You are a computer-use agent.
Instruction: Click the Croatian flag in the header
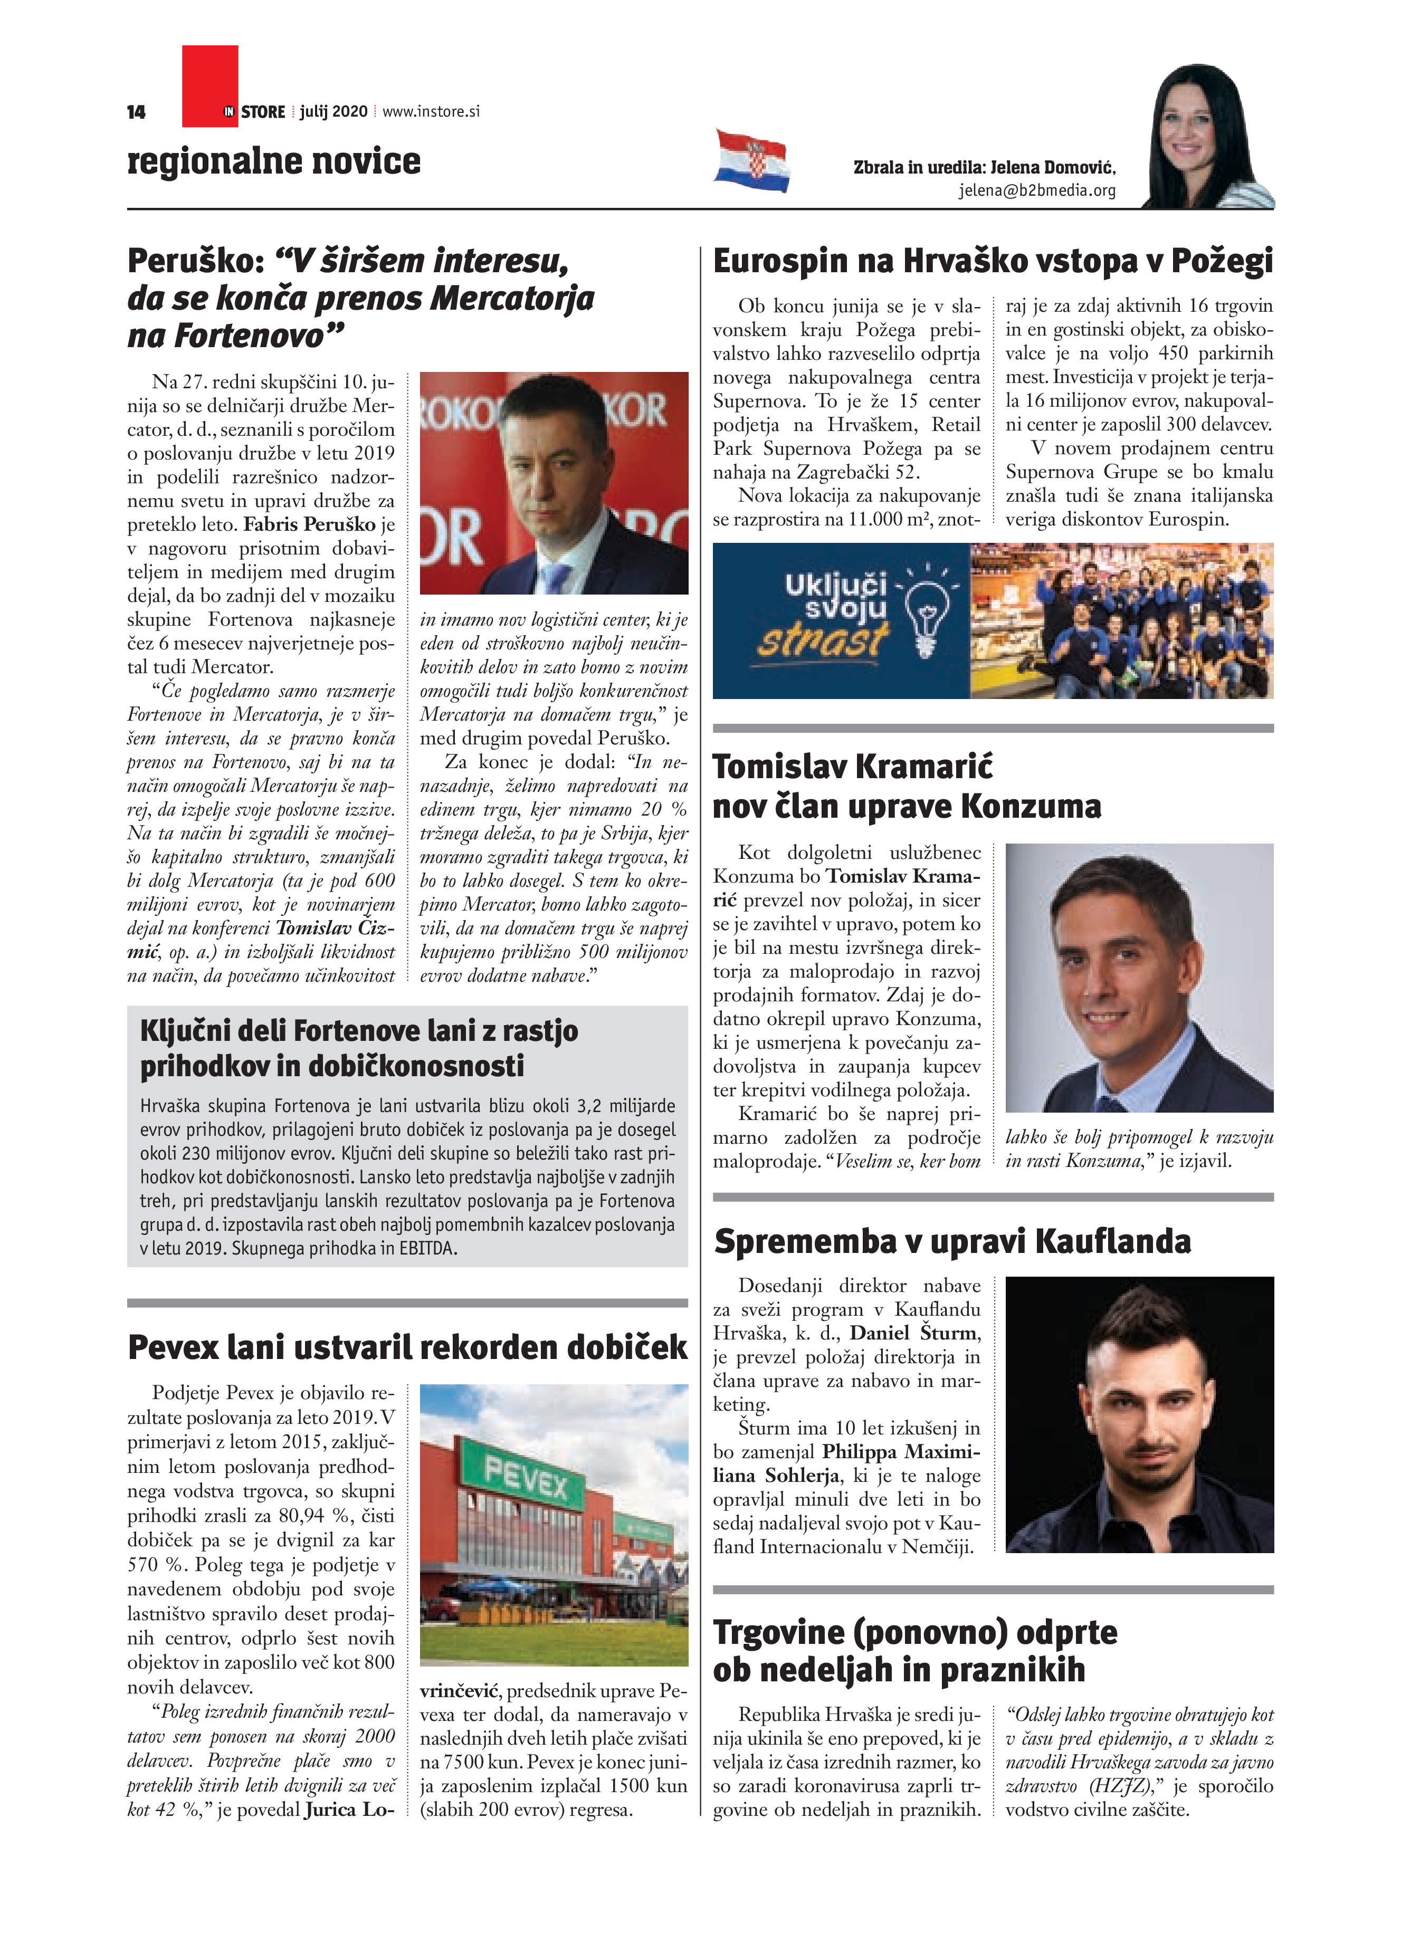(x=751, y=160)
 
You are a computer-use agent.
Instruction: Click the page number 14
(x=136, y=112)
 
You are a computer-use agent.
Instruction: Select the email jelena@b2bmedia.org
(x=1037, y=191)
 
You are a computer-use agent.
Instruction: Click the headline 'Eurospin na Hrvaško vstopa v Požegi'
(x=992, y=261)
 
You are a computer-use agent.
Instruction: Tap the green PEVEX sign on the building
(x=526, y=1479)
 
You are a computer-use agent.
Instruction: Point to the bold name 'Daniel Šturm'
(x=913, y=1333)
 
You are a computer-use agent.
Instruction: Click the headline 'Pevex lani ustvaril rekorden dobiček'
(x=407, y=1347)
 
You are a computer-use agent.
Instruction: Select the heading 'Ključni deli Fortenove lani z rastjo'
(x=359, y=1031)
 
